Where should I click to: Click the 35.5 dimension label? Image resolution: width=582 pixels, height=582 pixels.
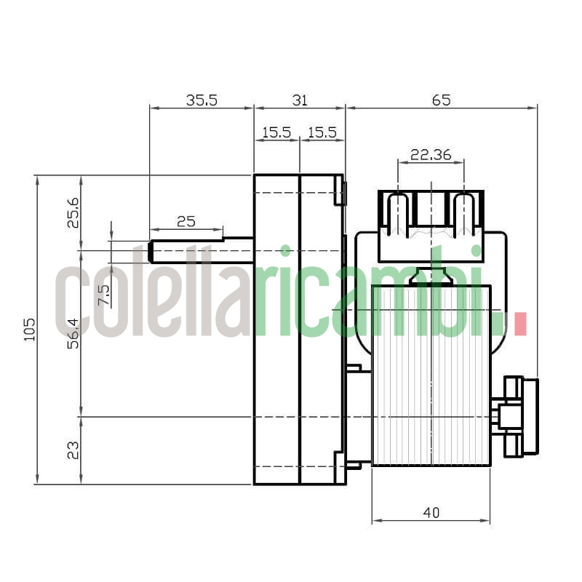201,100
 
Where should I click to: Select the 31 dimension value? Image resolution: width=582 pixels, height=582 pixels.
299,100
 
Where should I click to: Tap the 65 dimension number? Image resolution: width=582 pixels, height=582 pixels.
441,100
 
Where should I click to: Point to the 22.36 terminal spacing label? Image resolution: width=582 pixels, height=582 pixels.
431,154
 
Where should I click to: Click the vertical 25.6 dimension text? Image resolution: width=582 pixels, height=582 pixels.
73,212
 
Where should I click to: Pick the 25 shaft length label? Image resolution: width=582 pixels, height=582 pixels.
186,221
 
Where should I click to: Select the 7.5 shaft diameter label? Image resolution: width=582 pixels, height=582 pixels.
103,295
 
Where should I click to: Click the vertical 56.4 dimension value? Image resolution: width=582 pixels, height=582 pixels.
73,333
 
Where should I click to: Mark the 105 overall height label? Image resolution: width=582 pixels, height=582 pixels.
29,330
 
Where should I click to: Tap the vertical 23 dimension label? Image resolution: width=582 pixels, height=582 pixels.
73,451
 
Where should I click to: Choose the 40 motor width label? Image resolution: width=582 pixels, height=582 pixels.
431,513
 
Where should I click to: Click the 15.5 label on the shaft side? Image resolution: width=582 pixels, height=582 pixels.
276,132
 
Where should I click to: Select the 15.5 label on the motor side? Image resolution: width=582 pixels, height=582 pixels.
322,132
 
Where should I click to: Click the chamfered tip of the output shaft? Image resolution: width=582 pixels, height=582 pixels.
151,252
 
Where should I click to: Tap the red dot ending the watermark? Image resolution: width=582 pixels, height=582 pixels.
519,324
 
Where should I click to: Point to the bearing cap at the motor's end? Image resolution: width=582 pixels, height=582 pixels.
520,416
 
